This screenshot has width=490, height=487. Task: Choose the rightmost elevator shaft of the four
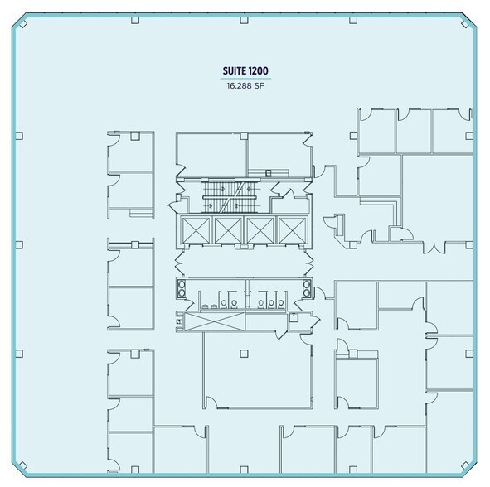(293, 230)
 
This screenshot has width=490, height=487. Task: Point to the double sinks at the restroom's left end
(182, 290)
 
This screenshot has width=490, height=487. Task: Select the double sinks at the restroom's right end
(308, 290)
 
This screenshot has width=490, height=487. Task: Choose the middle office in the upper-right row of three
(415, 130)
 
